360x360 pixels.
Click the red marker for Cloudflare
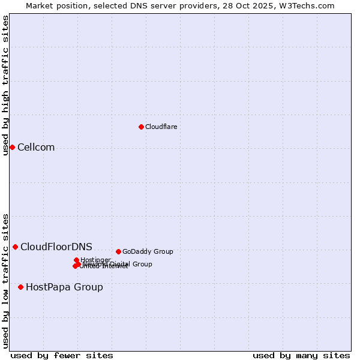pos(141,127)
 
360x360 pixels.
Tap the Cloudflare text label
pos(161,127)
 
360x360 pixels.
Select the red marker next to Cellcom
pos(12,147)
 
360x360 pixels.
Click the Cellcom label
pos(36,148)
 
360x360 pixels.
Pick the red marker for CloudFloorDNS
pos(15,247)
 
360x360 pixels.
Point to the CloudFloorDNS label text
pos(56,247)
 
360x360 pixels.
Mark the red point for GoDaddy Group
pos(118,251)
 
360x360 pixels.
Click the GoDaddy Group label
pos(148,251)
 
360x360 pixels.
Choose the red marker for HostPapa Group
pos(20,287)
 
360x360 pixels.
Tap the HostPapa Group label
pos(64,287)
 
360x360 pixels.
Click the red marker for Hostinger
pos(76,260)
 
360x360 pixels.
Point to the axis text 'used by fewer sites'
pos(62,355)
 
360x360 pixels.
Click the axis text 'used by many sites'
pos(301,355)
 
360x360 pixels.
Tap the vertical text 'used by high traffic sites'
pos(5,85)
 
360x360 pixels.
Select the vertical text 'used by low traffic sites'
pos(5,280)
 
